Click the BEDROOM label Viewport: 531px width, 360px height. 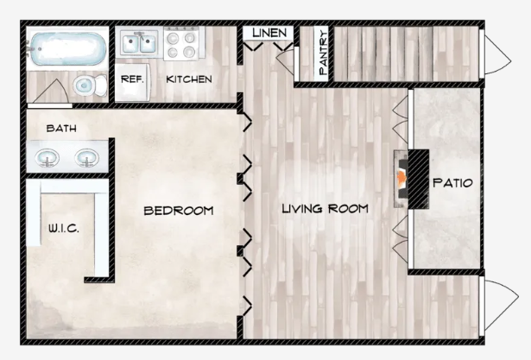(179, 211)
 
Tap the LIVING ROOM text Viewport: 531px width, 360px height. (326, 208)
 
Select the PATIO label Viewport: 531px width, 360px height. (452, 183)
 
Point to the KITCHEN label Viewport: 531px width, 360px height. (189, 79)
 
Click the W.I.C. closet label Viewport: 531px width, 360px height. (64, 228)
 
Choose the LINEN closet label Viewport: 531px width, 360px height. (269, 33)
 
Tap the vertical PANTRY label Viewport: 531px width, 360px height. (323, 53)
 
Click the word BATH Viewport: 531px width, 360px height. (61, 129)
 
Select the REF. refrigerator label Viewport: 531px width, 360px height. (132, 79)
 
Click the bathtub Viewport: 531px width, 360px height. (67, 48)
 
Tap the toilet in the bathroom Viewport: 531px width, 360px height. (90, 85)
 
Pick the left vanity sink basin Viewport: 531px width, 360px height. (47, 158)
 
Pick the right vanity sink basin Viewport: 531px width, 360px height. (87, 158)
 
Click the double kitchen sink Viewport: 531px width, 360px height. (139, 43)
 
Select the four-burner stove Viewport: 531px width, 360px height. (181, 44)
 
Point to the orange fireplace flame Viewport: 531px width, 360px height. (402, 177)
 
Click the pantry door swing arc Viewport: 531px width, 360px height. (285, 60)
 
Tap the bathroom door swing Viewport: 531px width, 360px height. (51, 92)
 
